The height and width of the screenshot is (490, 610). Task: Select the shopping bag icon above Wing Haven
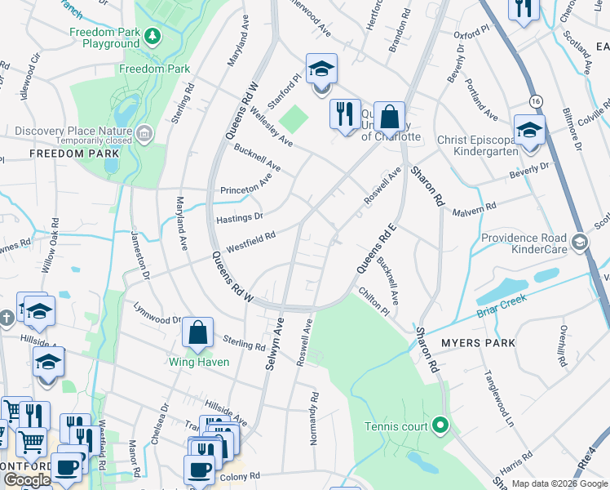197,333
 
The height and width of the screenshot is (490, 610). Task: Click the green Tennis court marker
440,425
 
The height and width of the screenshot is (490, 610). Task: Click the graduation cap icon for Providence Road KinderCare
579,241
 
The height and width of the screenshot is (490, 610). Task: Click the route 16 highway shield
535,100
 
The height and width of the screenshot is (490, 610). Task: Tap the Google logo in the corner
27,480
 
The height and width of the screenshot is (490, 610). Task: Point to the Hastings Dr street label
239,217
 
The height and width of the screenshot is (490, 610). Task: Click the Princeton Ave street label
245,185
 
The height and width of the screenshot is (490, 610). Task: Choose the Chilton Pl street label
374,301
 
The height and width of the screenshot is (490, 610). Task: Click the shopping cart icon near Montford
31,442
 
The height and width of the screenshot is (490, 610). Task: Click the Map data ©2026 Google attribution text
559,483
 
